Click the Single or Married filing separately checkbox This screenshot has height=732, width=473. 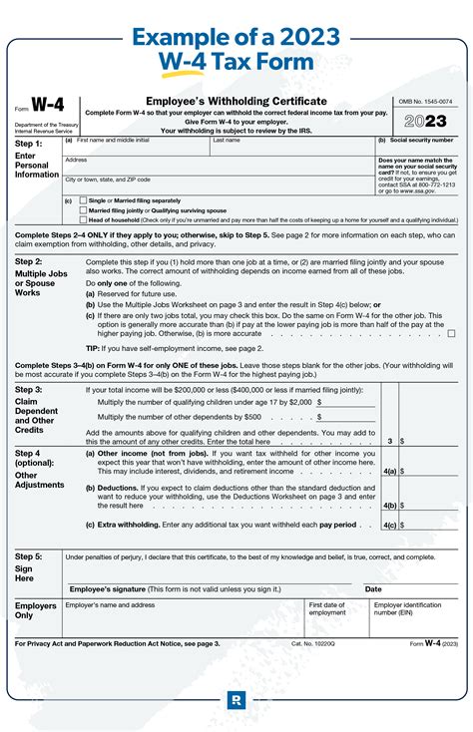tap(83, 200)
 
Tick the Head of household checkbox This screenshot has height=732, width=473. tap(83, 220)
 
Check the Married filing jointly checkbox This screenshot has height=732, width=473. tap(83, 210)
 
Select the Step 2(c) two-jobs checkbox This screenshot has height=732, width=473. tap(451, 333)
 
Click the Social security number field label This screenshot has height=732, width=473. tap(414, 141)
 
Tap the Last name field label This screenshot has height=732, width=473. tap(226, 141)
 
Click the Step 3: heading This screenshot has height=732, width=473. tap(29, 389)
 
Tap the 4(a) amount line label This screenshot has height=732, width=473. tap(390, 469)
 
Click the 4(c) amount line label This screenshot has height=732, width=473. tap(390, 525)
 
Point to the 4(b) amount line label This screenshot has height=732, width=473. tap(390, 505)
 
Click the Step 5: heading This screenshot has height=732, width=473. tap(29, 556)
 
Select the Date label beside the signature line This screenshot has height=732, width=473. tap(373, 589)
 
